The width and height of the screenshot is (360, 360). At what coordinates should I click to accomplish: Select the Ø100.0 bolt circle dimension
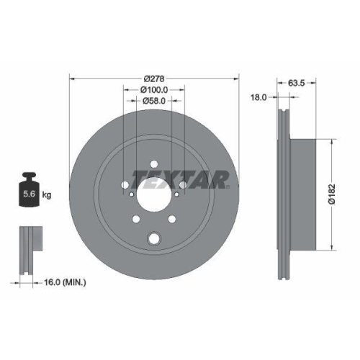pos(154,89)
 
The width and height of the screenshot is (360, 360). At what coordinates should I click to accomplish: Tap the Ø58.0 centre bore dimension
pos(154,101)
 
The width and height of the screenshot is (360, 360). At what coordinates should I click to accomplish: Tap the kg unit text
pos(48,194)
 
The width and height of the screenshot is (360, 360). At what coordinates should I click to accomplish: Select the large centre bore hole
pos(154,195)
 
